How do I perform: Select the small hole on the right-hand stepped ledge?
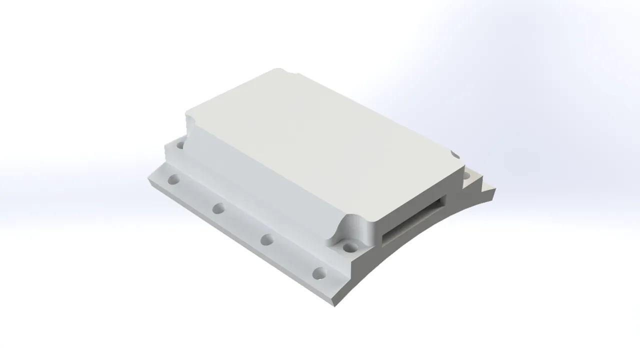point(466,175)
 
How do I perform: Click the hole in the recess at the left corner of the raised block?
point(179,145)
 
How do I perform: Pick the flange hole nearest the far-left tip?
point(173,179)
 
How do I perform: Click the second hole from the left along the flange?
point(217,208)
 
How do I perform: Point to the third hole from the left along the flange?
point(267,239)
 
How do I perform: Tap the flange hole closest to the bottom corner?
point(319,273)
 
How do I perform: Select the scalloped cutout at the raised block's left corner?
point(190,122)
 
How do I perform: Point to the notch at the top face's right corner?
point(455,154)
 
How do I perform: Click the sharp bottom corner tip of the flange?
point(334,304)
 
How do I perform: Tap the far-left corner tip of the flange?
point(148,178)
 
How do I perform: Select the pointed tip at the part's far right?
point(495,188)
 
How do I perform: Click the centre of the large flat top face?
point(320,145)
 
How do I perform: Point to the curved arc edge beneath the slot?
point(425,235)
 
